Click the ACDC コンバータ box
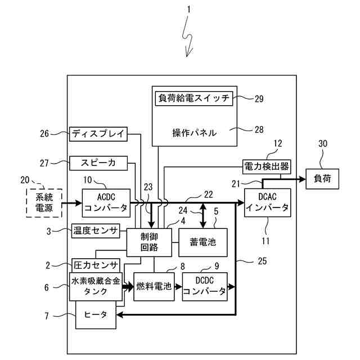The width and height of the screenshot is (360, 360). [106, 202]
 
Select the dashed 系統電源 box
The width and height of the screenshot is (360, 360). [43, 202]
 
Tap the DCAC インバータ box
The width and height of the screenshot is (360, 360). [268, 203]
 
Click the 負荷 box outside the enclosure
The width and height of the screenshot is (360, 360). [322, 179]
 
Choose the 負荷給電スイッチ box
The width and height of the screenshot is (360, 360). [193, 98]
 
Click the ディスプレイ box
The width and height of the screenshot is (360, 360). [99, 134]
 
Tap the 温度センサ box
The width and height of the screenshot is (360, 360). [95, 230]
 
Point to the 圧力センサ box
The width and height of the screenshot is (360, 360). [96, 265]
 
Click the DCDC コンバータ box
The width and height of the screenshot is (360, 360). [205, 286]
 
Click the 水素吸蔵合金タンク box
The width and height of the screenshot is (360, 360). [96, 286]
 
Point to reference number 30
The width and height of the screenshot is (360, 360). [322, 144]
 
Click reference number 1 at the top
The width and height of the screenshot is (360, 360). [189, 10]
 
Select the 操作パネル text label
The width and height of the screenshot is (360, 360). [195, 133]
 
